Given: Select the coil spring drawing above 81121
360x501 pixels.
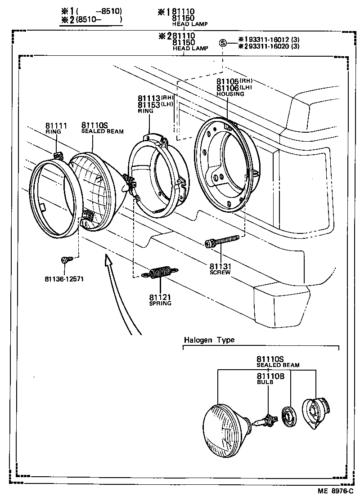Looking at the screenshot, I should click(x=160, y=273).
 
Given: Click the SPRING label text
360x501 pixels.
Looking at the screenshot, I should click(x=160, y=304).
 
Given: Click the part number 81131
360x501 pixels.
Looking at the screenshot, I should click(x=220, y=266).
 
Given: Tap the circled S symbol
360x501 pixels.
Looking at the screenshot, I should click(x=222, y=43).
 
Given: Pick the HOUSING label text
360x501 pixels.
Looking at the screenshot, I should click(x=230, y=94).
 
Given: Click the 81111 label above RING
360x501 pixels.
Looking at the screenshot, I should click(x=56, y=126).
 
